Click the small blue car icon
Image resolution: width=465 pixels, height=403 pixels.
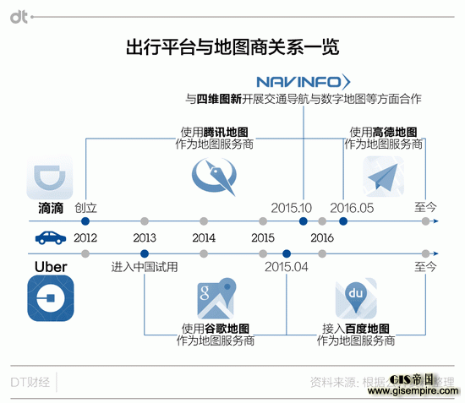46,237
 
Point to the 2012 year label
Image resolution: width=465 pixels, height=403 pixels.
85,237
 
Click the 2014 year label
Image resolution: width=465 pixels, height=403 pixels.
204,237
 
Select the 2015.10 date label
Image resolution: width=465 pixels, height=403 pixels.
293,207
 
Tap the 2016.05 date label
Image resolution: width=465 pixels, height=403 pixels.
353,207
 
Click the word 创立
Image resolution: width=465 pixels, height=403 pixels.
86,207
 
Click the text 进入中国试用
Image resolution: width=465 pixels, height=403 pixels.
145,267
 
